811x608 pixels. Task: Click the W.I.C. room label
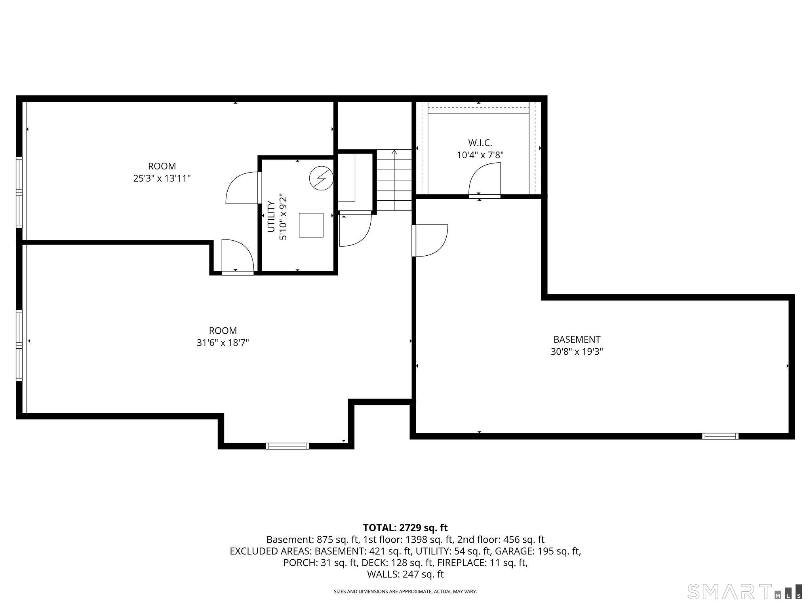click(x=480, y=142)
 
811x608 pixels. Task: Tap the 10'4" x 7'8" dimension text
click(x=480, y=155)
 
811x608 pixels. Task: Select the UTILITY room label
click(x=271, y=217)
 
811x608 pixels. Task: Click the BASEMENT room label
click(x=577, y=339)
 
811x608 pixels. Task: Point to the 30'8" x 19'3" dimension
click(x=577, y=351)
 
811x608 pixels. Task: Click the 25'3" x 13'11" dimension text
click(x=162, y=179)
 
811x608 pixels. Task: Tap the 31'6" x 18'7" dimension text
click(x=223, y=343)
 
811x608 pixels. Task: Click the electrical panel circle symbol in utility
click(x=321, y=179)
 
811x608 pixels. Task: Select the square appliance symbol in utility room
click(x=311, y=225)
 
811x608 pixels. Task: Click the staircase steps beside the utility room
click(x=394, y=180)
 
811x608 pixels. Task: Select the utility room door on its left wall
click(x=242, y=188)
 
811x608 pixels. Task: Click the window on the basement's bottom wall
click(x=720, y=436)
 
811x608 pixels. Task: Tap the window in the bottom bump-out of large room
click(x=287, y=446)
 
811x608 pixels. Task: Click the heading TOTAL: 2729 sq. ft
click(x=405, y=528)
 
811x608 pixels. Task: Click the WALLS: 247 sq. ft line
click(x=405, y=574)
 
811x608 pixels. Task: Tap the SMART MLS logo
click(x=744, y=591)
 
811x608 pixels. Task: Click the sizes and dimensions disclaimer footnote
click(x=405, y=591)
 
